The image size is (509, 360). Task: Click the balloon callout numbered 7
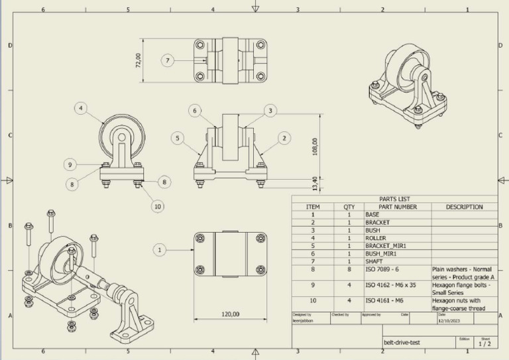point(168,60)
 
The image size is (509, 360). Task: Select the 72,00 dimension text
point(139,60)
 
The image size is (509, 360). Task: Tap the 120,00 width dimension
point(230,314)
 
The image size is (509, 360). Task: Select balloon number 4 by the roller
point(81,108)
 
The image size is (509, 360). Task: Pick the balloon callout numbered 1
point(159,250)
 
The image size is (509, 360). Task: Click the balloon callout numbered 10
point(157,206)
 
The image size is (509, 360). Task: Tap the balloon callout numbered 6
point(195,111)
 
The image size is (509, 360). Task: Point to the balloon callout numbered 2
point(284,138)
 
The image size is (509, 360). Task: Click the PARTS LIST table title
point(394,199)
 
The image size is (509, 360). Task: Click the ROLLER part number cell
point(376,237)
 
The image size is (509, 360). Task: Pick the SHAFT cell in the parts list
point(374,261)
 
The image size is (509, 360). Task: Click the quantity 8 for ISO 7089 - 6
point(349,269)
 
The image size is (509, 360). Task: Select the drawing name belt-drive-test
point(402,343)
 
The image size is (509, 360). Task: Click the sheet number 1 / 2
point(484,344)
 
